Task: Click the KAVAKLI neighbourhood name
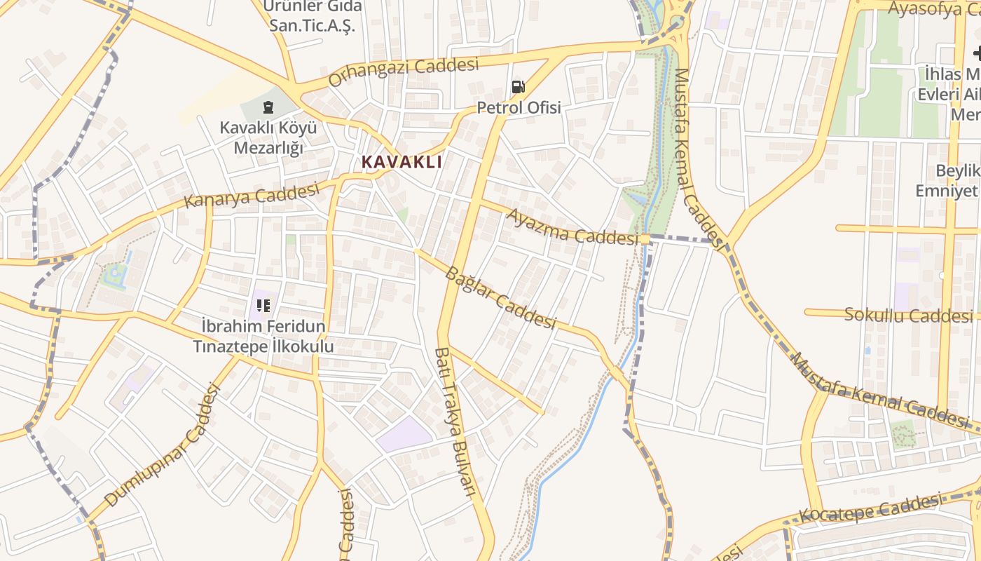402,162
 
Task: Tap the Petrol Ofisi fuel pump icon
519,87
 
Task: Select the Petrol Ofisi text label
519,108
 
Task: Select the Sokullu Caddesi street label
908,315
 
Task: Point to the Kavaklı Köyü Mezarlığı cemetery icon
268,107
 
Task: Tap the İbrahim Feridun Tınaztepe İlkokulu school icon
263,305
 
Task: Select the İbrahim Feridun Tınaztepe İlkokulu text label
263,336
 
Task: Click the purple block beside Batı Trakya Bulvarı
405,435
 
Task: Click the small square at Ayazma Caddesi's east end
645,239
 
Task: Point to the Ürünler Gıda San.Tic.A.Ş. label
313,16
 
